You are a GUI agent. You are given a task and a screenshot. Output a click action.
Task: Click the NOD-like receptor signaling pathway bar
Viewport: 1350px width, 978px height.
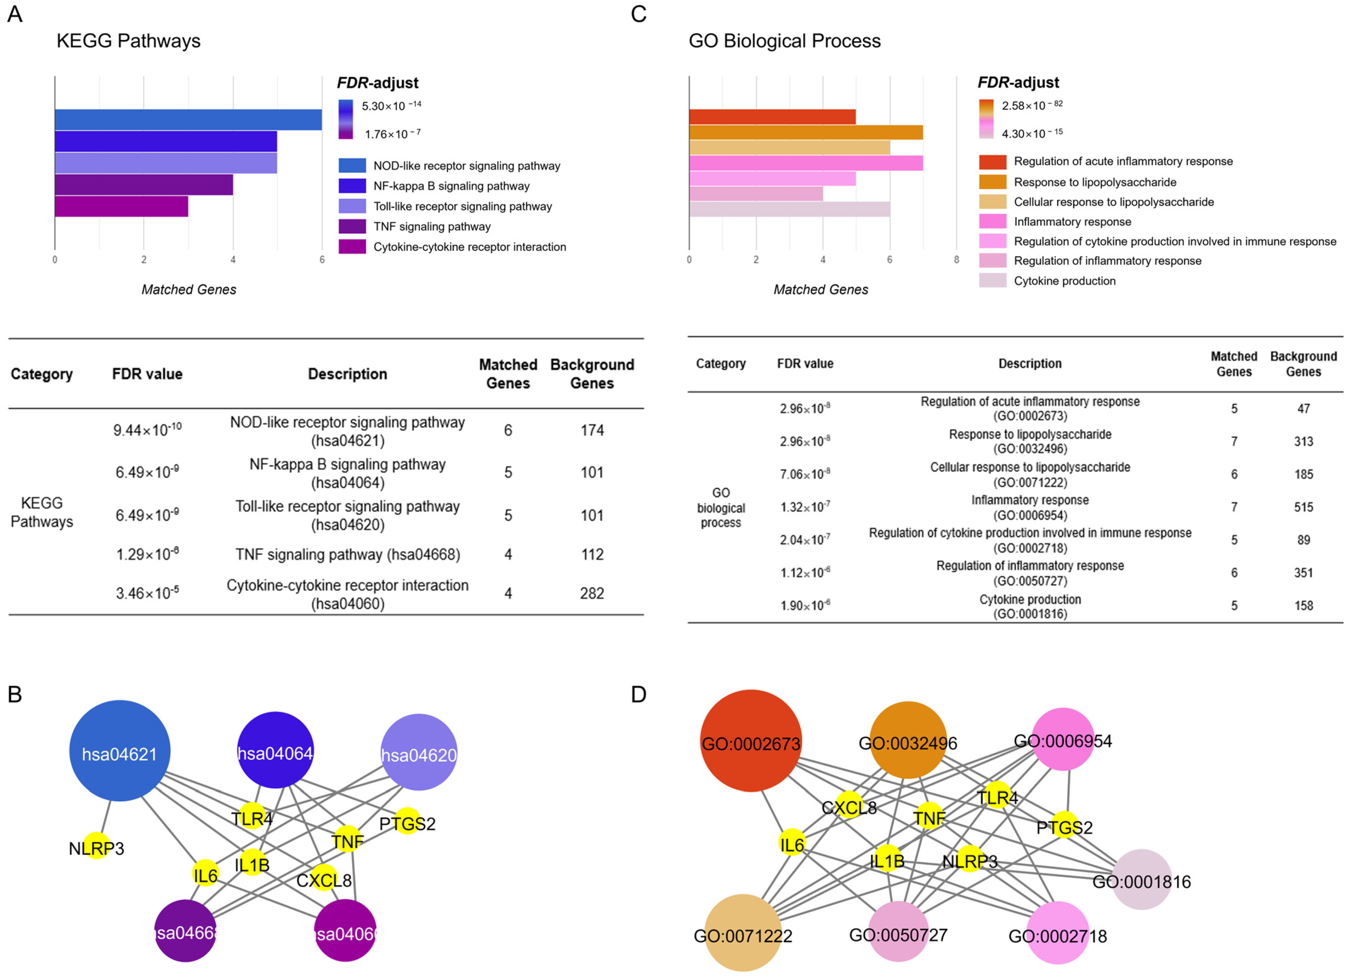188,120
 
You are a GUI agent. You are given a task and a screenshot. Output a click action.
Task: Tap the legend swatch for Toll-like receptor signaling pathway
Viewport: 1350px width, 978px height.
352,206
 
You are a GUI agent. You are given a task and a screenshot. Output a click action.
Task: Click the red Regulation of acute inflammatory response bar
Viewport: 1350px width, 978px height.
772,117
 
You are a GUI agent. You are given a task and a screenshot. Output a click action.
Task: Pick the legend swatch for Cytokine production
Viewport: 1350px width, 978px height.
992,280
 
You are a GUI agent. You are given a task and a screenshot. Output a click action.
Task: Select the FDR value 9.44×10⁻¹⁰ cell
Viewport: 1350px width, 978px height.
147,430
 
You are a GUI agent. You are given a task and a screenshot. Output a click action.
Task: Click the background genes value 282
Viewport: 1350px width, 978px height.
592,593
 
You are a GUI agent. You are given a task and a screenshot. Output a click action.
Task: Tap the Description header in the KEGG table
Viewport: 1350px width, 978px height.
347,374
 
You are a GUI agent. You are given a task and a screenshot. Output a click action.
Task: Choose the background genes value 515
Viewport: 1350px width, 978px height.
1303,507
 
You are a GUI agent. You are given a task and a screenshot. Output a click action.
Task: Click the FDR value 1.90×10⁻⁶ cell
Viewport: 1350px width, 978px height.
805,605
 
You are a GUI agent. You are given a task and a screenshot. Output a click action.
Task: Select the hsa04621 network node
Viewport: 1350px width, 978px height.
120,751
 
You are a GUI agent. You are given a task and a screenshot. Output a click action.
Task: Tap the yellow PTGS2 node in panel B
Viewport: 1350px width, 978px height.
407,821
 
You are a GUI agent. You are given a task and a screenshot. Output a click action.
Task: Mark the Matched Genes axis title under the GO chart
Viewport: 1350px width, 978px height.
820,289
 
